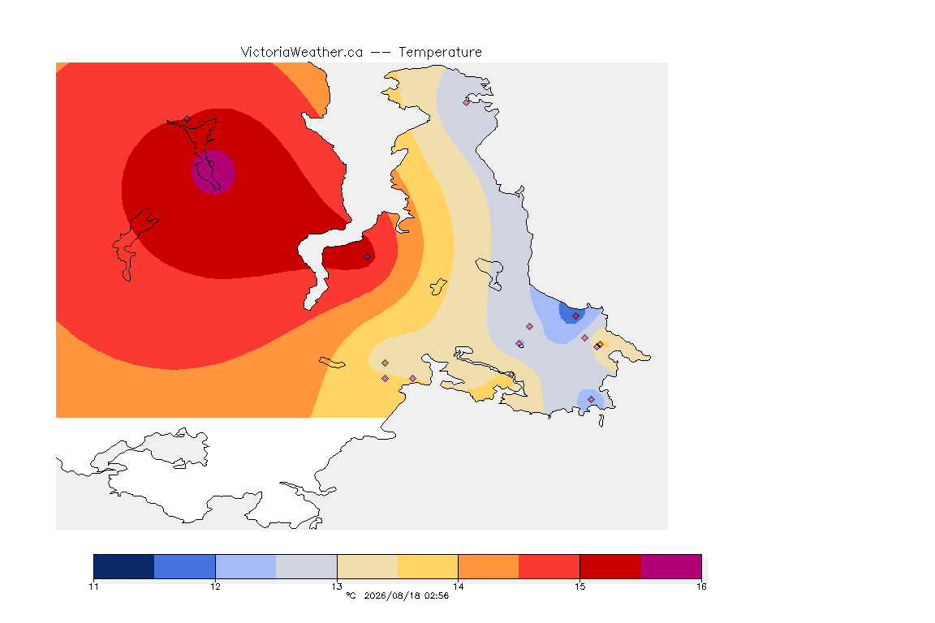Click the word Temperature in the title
(440, 53)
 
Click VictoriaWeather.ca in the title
(302, 52)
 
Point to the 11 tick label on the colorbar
(93, 586)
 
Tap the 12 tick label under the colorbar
(215, 586)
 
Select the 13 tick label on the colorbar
(337, 586)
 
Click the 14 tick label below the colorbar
(458, 586)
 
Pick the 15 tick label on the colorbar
(580, 586)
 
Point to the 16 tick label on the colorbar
(701, 586)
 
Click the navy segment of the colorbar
(124, 566)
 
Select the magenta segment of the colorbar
(671, 566)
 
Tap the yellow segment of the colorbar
(428, 566)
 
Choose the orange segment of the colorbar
(489, 566)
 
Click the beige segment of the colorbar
(368, 566)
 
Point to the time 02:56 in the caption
(437, 595)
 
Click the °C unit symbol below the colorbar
(351, 595)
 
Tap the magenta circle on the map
(213, 172)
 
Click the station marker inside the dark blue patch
(575, 316)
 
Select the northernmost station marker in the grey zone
(467, 102)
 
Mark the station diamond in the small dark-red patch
(368, 257)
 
